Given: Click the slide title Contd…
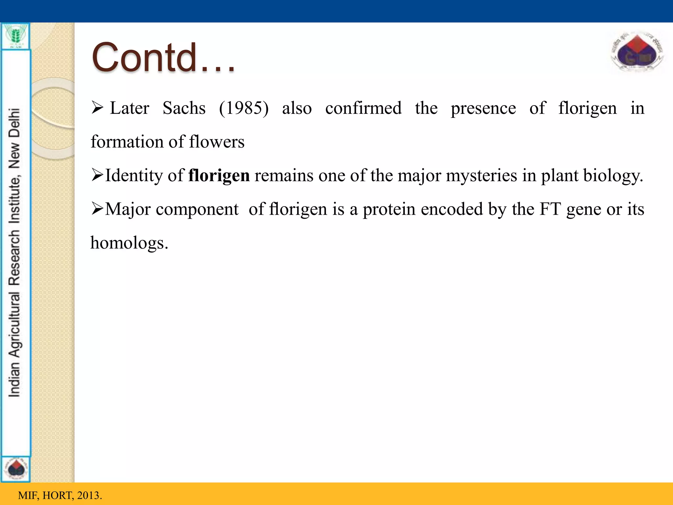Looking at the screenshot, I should pyautogui.click(x=163, y=58).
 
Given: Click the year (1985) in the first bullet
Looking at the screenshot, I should pyautogui.click(x=244, y=108).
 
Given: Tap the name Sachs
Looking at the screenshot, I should pyautogui.click(x=184, y=108).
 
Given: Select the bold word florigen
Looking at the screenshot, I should pyautogui.click(x=219, y=176).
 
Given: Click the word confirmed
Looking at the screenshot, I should pyautogui.click(x=363, y=108).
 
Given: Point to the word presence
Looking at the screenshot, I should pyautogui.click(x=483, y=108).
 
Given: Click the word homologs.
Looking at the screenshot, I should pyautogui.click(x=129, y=243).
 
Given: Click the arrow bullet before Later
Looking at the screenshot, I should pyautogui.click(x=98, y=108).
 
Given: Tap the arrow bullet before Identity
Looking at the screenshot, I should pyautogui.click(x=98, y=175).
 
